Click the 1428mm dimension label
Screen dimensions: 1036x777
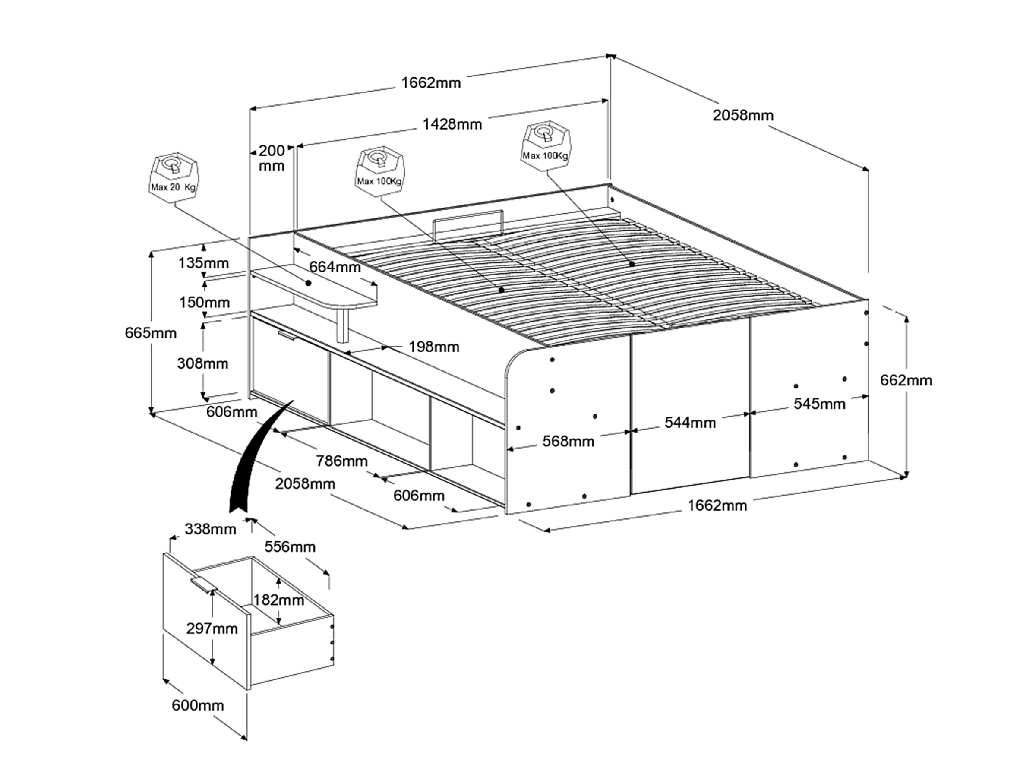pos(452,124)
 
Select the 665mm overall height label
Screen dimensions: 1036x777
pos(151,333)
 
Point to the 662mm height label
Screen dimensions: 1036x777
pos(906,380)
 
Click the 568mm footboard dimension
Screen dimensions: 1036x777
pos(568,441)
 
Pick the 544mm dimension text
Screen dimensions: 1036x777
pos(690,423)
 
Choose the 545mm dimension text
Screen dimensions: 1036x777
pos(819,404)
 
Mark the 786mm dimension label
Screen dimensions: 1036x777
pos(341,461)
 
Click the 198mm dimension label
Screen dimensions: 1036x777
pos(434,347)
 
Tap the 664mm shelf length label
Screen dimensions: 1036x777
pos(335,267)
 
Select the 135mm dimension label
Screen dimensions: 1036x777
pos(203,263)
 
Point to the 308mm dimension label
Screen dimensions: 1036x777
pos(202,363)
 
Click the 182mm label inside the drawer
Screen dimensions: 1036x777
pos(279,600)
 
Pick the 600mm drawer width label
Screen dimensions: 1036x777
pos(198,705)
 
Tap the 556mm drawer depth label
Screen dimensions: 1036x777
pos(290,546)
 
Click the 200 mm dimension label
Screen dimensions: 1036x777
pos(272,158)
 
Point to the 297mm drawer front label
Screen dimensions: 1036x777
pos(212,629)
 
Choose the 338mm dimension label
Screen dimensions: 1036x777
pos(210,529)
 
